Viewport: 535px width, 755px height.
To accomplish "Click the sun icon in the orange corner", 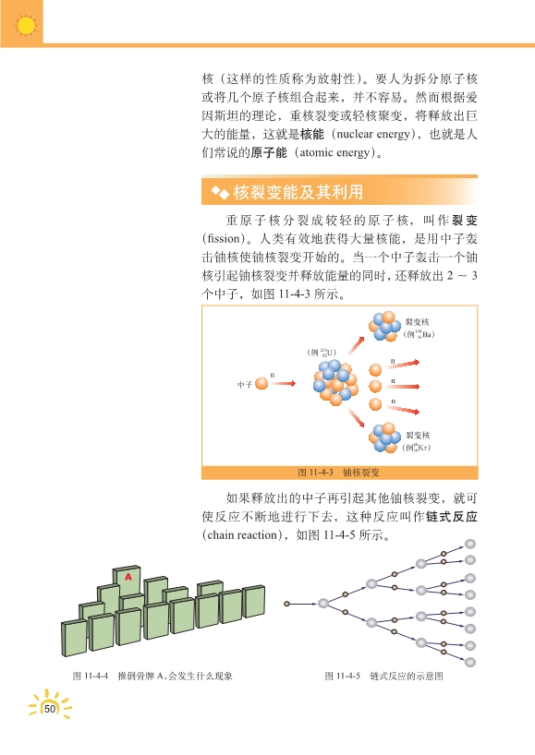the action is pos(26,26).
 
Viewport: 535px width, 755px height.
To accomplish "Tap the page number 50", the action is pos(50,709).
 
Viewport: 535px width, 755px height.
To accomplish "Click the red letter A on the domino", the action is pos(128,576).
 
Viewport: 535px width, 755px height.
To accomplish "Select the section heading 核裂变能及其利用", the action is pos(298,192).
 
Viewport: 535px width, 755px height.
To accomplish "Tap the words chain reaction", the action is pos(243,535).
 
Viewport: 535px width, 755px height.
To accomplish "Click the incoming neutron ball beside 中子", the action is pos(261,384).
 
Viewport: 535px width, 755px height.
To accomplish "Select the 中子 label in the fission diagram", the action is pos(244,384).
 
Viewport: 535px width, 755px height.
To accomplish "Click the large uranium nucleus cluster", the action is pos(336,382).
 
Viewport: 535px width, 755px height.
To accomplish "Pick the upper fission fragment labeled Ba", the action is pos(384,326).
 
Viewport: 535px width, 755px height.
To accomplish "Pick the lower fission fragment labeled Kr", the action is pos(384,437).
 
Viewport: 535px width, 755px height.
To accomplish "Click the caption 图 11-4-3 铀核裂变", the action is pos(338,473).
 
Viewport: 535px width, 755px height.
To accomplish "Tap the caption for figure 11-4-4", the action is pos(152,676).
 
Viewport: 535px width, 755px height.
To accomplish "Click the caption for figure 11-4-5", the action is pos(383,676).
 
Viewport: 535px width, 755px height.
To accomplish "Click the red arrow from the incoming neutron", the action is pos(283,383).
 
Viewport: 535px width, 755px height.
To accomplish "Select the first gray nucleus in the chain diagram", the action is pos(323,603).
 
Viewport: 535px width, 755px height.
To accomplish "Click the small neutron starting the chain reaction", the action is pos(286,604).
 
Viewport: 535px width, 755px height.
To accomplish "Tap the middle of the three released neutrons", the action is pos(375,386).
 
